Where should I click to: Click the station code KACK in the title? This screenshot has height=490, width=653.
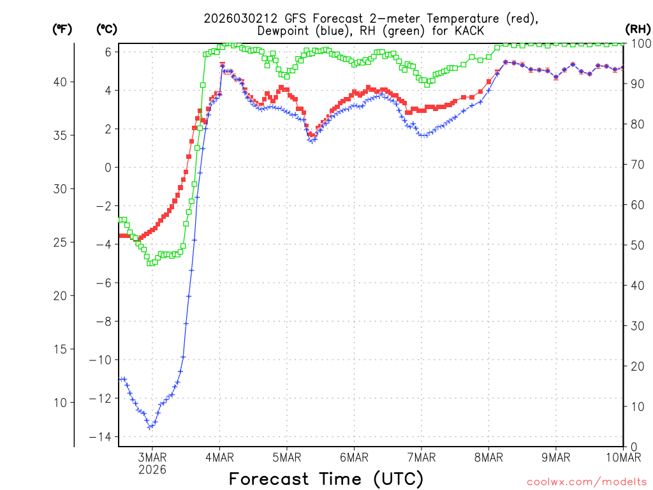click(468, 31)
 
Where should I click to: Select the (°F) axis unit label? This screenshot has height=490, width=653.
click(62, 29)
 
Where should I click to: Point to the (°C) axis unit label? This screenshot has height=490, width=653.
click(106, 29)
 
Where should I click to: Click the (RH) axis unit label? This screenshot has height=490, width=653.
click(637, 29)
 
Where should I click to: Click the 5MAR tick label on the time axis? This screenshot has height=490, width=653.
click(287, 457)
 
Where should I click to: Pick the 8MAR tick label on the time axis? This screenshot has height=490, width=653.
click(488, 457)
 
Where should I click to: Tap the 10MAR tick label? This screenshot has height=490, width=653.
click(622, 457)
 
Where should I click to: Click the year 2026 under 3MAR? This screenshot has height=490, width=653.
click(152, 470)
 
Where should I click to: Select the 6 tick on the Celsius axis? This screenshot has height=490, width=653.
click(108, 52)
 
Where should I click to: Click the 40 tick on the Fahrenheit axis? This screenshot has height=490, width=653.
click(62, 82)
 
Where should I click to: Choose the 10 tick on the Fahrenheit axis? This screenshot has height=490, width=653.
click(62, 402)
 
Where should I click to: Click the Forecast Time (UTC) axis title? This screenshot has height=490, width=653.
click(326, 479)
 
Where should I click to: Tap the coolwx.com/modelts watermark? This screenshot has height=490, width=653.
click(586, 482)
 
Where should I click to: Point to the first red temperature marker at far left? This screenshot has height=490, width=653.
click(120, 235)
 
